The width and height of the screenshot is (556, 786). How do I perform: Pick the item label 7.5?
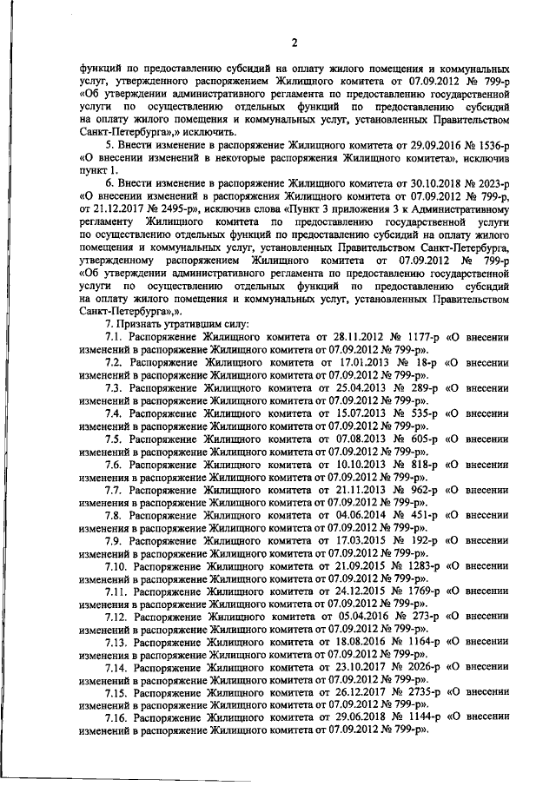[x=116, y=440]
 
